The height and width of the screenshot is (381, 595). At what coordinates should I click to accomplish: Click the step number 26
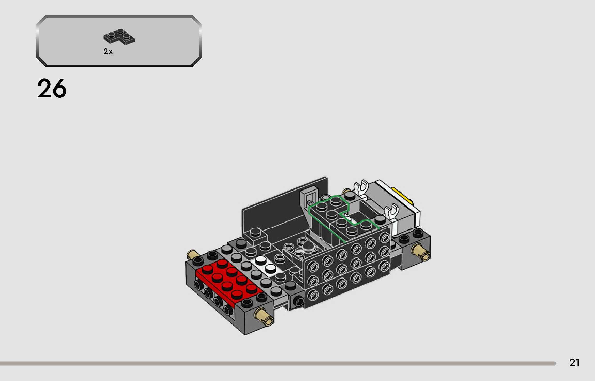(x=52, y=88)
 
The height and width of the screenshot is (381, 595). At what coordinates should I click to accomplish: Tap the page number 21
(x=574, y=362)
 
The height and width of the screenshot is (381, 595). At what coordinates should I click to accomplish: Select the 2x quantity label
(x=108, y=51)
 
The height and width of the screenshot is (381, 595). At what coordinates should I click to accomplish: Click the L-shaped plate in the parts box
(x=119, y=37)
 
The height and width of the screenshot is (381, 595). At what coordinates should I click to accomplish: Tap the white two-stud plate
(x=266, y=266)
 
